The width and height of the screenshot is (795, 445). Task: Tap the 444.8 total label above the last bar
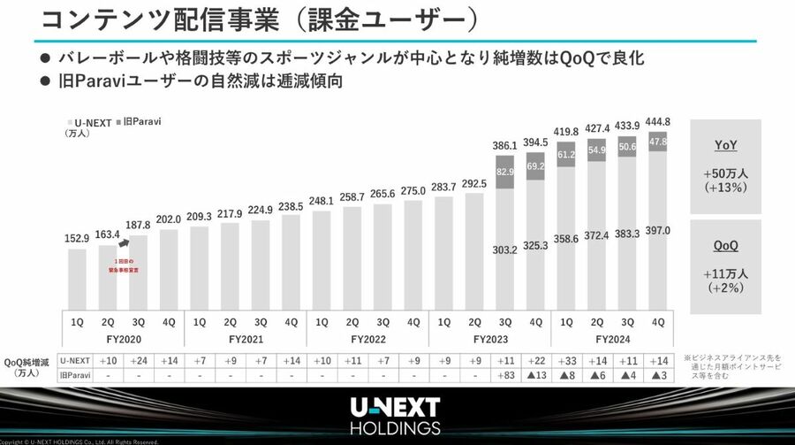coord(657,122)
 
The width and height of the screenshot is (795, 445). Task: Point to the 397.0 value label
coord(657,230)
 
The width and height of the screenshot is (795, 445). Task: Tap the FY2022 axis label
coord(367,338)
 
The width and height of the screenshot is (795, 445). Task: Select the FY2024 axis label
coord(610,338)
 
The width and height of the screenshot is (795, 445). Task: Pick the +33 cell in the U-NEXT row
coord(565,360)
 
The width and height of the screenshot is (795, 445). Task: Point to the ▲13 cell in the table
coord(535,375)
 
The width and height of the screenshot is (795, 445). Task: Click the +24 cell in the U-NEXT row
coord(139,360)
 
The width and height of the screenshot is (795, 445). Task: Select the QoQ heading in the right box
coord(726,247)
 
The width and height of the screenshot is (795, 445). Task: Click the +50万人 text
coord(726,173)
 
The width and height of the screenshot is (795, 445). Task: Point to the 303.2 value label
coord(504,249)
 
